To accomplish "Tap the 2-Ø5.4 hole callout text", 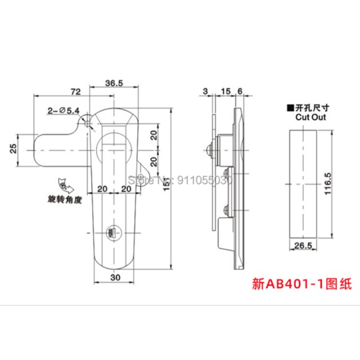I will coord(64,111).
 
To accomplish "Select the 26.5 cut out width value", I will coord(304,246).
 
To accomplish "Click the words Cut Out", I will coord(310,118).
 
